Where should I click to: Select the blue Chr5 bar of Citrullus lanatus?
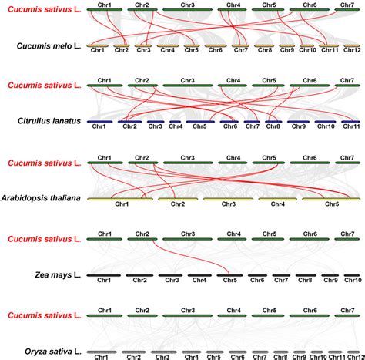[x=199, y=121]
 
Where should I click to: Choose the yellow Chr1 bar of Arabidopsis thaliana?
[x=121, y=199]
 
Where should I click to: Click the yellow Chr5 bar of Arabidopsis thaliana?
[x=331, y=199]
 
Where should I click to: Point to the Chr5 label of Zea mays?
[x=229, y=281]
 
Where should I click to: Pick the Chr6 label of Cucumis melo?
[x=216, y=50]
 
